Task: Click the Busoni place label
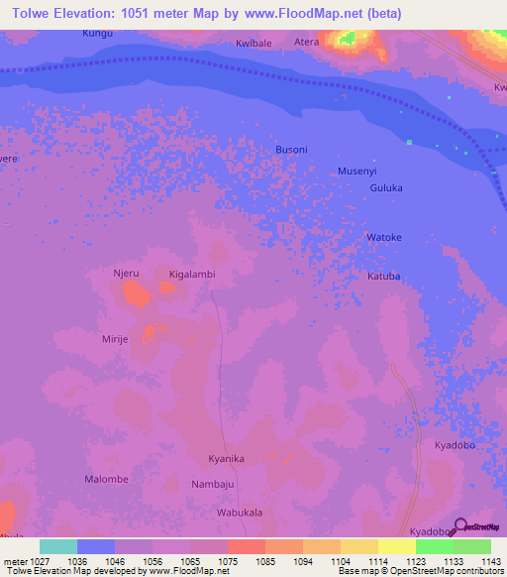[x=291, y=150]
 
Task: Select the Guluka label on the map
[x=385, y=187]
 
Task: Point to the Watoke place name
[x=384, y=238]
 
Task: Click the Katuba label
[x=384, y=277]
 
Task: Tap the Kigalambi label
[x=192, y=274]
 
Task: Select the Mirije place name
[x=116, y=338]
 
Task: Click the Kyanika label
[x=226, y=459]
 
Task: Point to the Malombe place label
[x=106, y=479]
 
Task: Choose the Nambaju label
[x=212, y=485]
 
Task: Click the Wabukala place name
[x=240, y=513]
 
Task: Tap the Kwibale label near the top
[x=253, y=44]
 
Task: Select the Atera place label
[x=307, y=43]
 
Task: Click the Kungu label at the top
[x=98, y=34]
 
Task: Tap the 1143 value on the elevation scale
[x=490, y=561]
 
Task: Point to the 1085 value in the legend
[x=264, y=561]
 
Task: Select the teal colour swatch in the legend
[x=57, y=546]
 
